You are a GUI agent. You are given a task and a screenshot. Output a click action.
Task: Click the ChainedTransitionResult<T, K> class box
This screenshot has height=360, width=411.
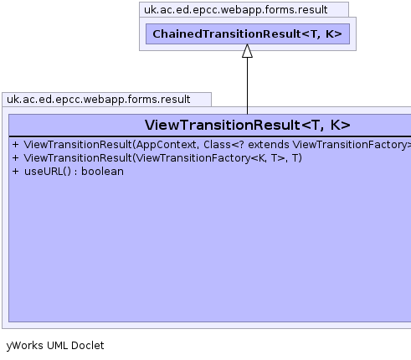pyautogui.click(x=248, y=33)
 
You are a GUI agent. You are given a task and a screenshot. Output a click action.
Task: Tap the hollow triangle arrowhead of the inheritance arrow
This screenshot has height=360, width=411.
pyautogui.click(x=247, y=51)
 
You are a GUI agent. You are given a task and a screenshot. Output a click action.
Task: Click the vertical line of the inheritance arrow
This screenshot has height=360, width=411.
pyautogui.click(x=247, y=85)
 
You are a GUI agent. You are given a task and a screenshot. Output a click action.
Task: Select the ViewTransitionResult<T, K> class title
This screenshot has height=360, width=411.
pyautogui.click(x=248, y=125)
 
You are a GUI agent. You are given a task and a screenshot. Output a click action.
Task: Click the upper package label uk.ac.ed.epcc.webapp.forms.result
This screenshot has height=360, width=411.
pyautogui.click(x=236, y=10)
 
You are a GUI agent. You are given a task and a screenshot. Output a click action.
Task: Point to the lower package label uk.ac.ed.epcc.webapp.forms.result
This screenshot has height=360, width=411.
pyautogui.click(x=99, y=100)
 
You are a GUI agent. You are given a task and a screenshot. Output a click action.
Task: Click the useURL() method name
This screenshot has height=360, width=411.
pyautogui.click(x=48, y=172)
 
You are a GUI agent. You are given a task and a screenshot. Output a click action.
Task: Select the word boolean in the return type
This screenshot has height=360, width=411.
pyautogui.click(x=102, y=172)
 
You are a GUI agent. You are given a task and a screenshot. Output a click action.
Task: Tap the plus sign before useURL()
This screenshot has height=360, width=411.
pyautogui.click(x=16, y=172)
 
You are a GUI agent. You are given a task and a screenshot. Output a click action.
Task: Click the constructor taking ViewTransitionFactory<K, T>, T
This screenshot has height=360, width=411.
pyautogui.click(x=163, y=158)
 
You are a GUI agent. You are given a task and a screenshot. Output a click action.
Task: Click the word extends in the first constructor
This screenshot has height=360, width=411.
pyautogui.click(x=269, y=145)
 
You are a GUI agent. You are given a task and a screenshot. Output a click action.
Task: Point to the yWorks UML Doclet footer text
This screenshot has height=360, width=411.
pyautogui.click(x=55, y=346)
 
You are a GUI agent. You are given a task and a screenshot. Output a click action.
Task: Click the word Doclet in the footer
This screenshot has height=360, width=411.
pyautogui.click(x=88, y=346)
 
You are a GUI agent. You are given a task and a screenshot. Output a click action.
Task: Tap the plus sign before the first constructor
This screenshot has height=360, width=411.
pyautogui.click(x=16, y=145)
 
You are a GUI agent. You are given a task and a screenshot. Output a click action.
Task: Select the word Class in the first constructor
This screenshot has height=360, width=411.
pyautogui.click(x=217, y=145)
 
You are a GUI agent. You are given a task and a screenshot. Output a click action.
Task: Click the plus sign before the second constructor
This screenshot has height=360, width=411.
pyautogui.click(x=16, y=158)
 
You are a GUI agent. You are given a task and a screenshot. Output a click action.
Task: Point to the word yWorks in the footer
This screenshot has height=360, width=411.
pyautogui.click(x=24, y=346)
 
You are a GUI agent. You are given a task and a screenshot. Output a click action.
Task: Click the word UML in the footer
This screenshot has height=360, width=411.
pyautogui.click(x=57, y=346)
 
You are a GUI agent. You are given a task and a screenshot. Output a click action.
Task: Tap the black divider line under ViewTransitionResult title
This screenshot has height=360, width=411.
pyautogui.click(x=210, y=136)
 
